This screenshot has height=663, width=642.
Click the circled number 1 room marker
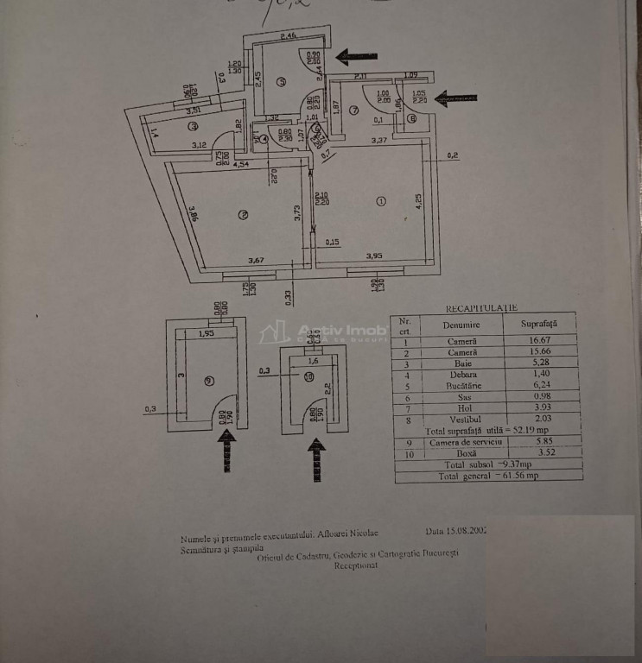(381, 201)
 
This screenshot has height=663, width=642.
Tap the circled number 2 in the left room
(245, 215)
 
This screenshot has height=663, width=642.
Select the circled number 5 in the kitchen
(281, 83)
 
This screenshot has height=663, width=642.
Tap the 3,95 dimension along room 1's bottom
(374, 256)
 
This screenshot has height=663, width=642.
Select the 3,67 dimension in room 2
(257, 260)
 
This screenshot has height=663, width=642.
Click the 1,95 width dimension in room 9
(206, 332)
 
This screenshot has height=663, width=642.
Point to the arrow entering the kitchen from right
(354, 57)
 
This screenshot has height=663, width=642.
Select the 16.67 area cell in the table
(538, 340)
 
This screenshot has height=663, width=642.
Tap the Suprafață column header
(538, 324)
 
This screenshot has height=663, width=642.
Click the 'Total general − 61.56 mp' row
(487, 475)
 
